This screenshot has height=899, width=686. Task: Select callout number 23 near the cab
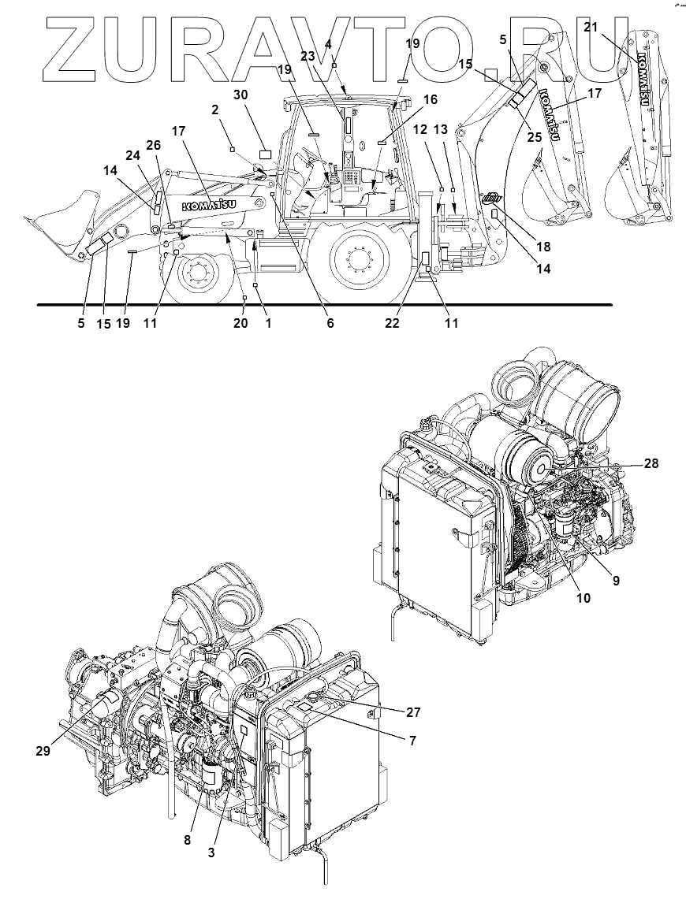point(308,57)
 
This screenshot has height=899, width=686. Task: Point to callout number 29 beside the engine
point(43,751)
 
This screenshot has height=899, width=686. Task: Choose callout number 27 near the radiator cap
point(414,712)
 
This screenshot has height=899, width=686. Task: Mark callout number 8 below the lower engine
point(188,840)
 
